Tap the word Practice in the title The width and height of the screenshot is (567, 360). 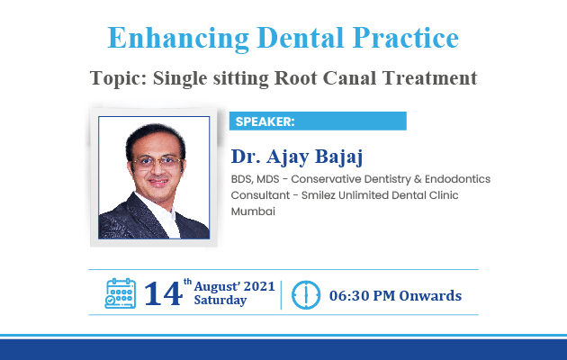[406, 38]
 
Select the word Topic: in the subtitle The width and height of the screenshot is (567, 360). [119, 78]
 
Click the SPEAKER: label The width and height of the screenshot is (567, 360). [265, 121]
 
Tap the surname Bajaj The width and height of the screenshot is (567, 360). [338, 157]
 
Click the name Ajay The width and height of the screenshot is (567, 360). [288, 157]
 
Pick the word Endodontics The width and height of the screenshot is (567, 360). [457, 179]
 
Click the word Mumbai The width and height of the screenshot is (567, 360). [253, 211]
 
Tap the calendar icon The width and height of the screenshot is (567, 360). [121, 293]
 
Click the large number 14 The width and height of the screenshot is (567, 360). [163, 293]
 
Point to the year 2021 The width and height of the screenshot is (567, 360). [259, 286]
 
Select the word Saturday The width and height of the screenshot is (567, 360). [220, 300]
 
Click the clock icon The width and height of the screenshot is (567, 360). [306, 295]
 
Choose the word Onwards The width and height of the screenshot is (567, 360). [430, 296]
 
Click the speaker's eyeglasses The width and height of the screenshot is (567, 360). [157, 162]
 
